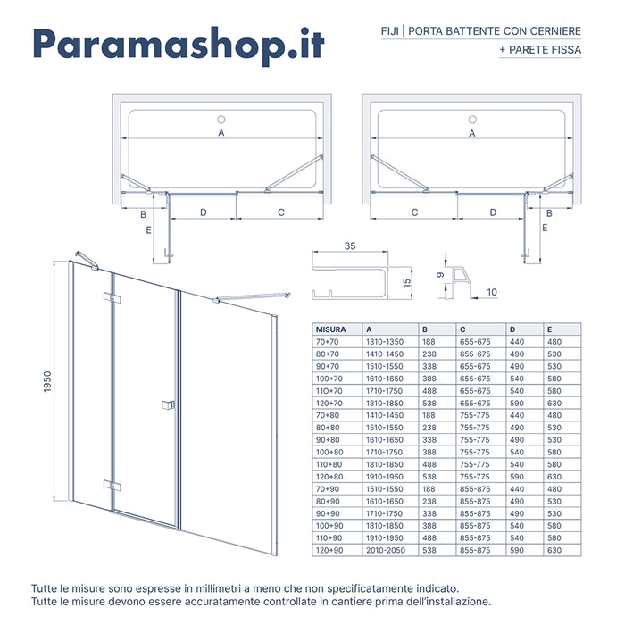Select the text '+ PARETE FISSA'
point(540,50)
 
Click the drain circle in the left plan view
point(221,119)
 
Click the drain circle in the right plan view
point(471,119)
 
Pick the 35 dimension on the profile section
point(349,246)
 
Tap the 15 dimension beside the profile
point(405,283)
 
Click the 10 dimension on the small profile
point(491,291)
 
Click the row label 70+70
point(329,342)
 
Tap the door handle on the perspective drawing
point(167,406)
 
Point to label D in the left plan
point(204,212)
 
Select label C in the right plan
point(415,212)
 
